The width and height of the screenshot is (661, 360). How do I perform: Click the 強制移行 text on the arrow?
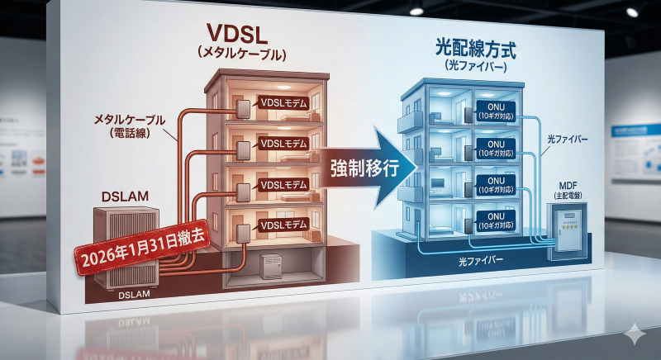coord(360,168)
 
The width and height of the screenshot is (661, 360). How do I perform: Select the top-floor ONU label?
coord(496,110)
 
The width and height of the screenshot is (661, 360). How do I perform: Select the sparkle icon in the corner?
coord(634,334)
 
